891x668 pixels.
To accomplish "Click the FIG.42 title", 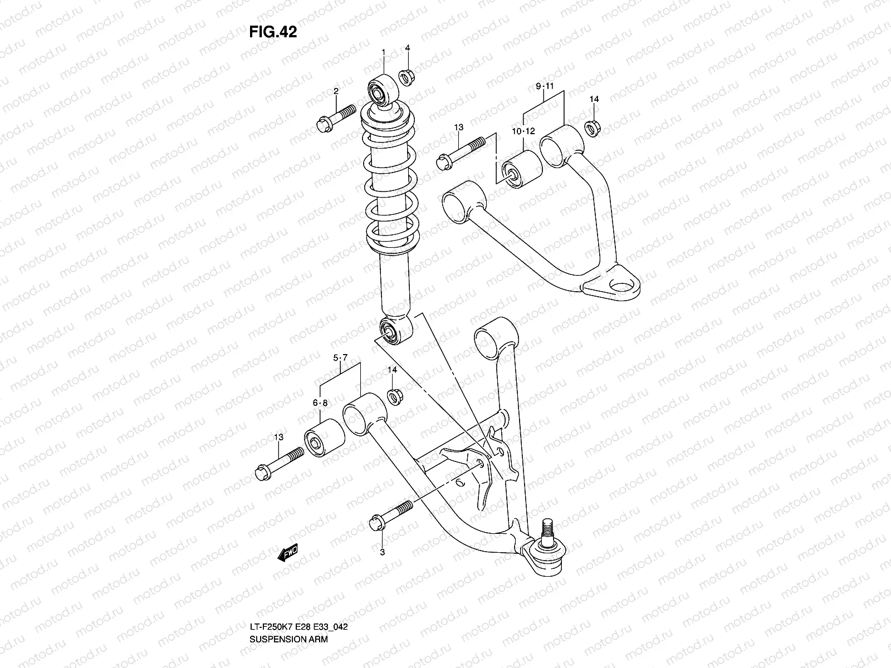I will click(273, 32).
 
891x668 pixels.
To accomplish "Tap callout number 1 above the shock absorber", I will click(384, 52).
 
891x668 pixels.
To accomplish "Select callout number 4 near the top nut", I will click(408, 48).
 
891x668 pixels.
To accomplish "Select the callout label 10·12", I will click(523, 131).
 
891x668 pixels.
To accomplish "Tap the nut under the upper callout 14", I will click(593, 128).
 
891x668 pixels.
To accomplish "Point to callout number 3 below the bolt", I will click(383, 552).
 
